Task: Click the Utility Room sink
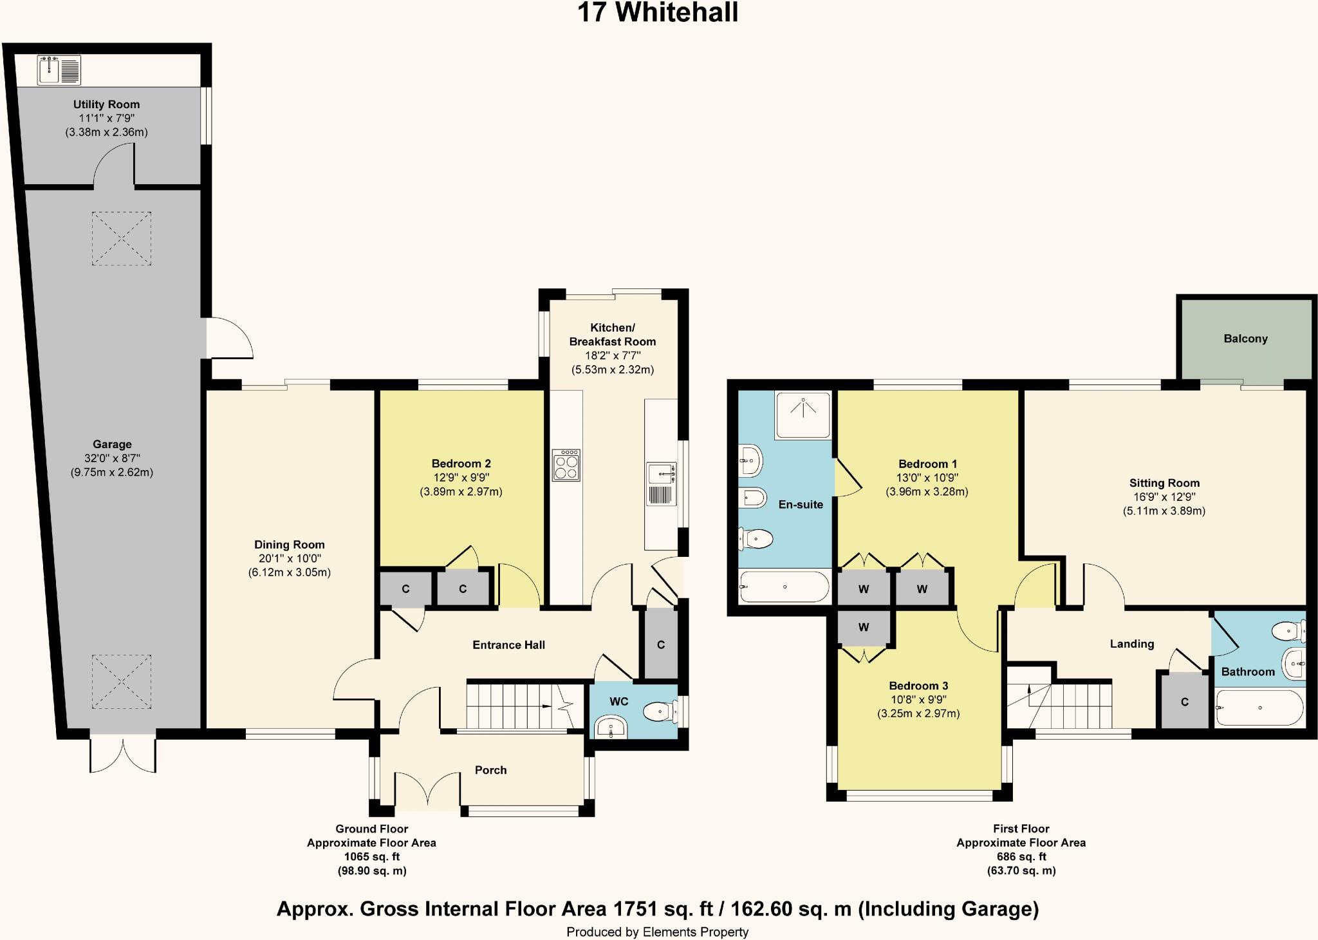click(59, 70)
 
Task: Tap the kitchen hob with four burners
click(566, 465)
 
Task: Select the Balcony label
click(1245, 339)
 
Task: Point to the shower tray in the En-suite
click(803, 415)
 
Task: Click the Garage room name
click(112, 444)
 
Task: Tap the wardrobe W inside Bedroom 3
click(863, 627)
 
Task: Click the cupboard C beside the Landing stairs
click(1184, 702)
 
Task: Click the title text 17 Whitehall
click(658, 13)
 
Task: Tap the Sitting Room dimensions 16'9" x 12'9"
click(1164, 497)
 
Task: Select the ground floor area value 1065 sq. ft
click(371, 856)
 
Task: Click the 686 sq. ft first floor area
click(1021, 856)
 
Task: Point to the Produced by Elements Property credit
click(657, 932)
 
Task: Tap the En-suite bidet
click(750, 498)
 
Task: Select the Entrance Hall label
click(508, 645)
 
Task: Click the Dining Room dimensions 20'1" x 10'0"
click(289, 559)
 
